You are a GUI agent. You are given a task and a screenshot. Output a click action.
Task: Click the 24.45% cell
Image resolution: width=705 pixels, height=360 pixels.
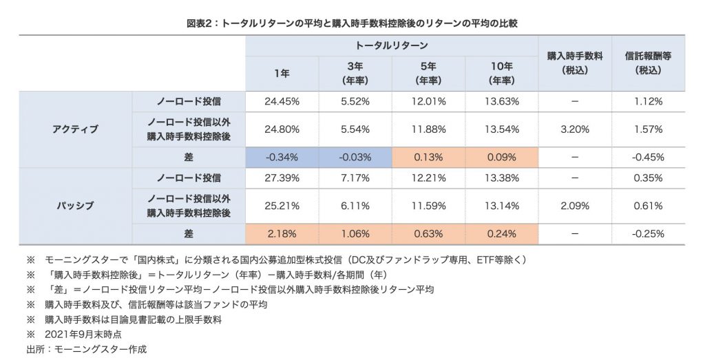(x=282, y=101)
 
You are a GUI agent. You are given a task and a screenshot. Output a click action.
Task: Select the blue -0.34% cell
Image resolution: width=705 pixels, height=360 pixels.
(x=282, y=157)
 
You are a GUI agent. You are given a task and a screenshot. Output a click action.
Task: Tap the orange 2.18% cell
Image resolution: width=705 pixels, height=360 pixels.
(x=282, y=233)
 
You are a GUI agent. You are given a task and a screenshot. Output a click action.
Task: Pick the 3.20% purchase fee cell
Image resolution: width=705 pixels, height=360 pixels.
(x=574, y=129)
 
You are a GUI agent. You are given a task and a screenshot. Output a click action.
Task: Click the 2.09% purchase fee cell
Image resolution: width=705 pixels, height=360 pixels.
(x=574, y=205)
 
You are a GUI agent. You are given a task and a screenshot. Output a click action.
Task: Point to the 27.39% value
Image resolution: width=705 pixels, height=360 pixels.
(x=282, y=178)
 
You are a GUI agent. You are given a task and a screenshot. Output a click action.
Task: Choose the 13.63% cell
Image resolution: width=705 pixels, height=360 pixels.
(x=501, y=101)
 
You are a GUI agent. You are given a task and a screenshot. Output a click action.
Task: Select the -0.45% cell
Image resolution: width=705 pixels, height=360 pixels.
(x=648, y=157)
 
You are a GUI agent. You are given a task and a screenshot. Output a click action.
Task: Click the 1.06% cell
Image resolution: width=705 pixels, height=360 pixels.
(x=355, y=233)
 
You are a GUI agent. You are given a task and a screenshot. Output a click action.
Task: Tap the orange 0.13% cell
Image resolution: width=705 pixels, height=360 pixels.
(x=428, y=157)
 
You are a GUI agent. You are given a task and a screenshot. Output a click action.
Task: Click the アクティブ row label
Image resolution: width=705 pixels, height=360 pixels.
(x=75, y=129)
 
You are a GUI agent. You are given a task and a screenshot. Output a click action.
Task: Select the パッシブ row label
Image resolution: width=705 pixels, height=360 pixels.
(x=75, y=205)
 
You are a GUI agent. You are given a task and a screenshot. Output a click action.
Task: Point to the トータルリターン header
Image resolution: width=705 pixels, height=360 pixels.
(x=391, y=45)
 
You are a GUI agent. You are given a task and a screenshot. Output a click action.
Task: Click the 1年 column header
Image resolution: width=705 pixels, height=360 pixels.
(x=282, y=74)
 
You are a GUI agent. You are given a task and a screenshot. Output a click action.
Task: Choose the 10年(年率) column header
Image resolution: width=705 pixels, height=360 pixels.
(x=501, y=74)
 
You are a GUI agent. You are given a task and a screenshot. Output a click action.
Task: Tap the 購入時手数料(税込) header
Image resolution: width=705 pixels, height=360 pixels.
(x=574, y=63)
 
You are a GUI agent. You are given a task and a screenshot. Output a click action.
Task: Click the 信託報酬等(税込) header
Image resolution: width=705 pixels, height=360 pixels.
(x=648, y=63)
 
